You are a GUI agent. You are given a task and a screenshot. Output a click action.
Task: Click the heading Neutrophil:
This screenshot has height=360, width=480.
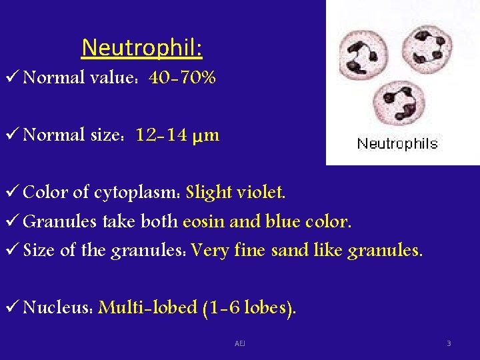(142, 48)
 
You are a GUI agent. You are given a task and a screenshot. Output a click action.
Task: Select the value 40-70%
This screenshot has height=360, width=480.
(182, 78)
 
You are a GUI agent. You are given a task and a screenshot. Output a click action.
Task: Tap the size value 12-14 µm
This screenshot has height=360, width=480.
(177, 135)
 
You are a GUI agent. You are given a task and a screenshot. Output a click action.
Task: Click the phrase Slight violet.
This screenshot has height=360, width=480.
(236, 193)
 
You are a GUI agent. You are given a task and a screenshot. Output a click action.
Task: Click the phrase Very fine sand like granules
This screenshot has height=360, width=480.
(306, 250)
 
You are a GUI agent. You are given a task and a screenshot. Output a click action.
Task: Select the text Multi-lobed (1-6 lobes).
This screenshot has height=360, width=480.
(197, 307)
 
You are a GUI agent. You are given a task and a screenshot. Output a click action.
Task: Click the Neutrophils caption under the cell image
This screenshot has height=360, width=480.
(397, 143)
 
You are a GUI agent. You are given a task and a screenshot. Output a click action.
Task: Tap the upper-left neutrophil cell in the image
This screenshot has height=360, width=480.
(363, 55)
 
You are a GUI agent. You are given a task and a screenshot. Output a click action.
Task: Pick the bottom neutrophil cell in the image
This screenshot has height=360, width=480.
(401, 103)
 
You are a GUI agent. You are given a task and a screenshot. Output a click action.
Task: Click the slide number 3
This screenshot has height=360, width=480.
(449, 343)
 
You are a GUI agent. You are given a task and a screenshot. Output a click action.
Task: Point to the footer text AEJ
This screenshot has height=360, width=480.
(240, 343)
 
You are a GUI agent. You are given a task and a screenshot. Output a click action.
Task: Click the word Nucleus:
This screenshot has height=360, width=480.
(58, 307)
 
